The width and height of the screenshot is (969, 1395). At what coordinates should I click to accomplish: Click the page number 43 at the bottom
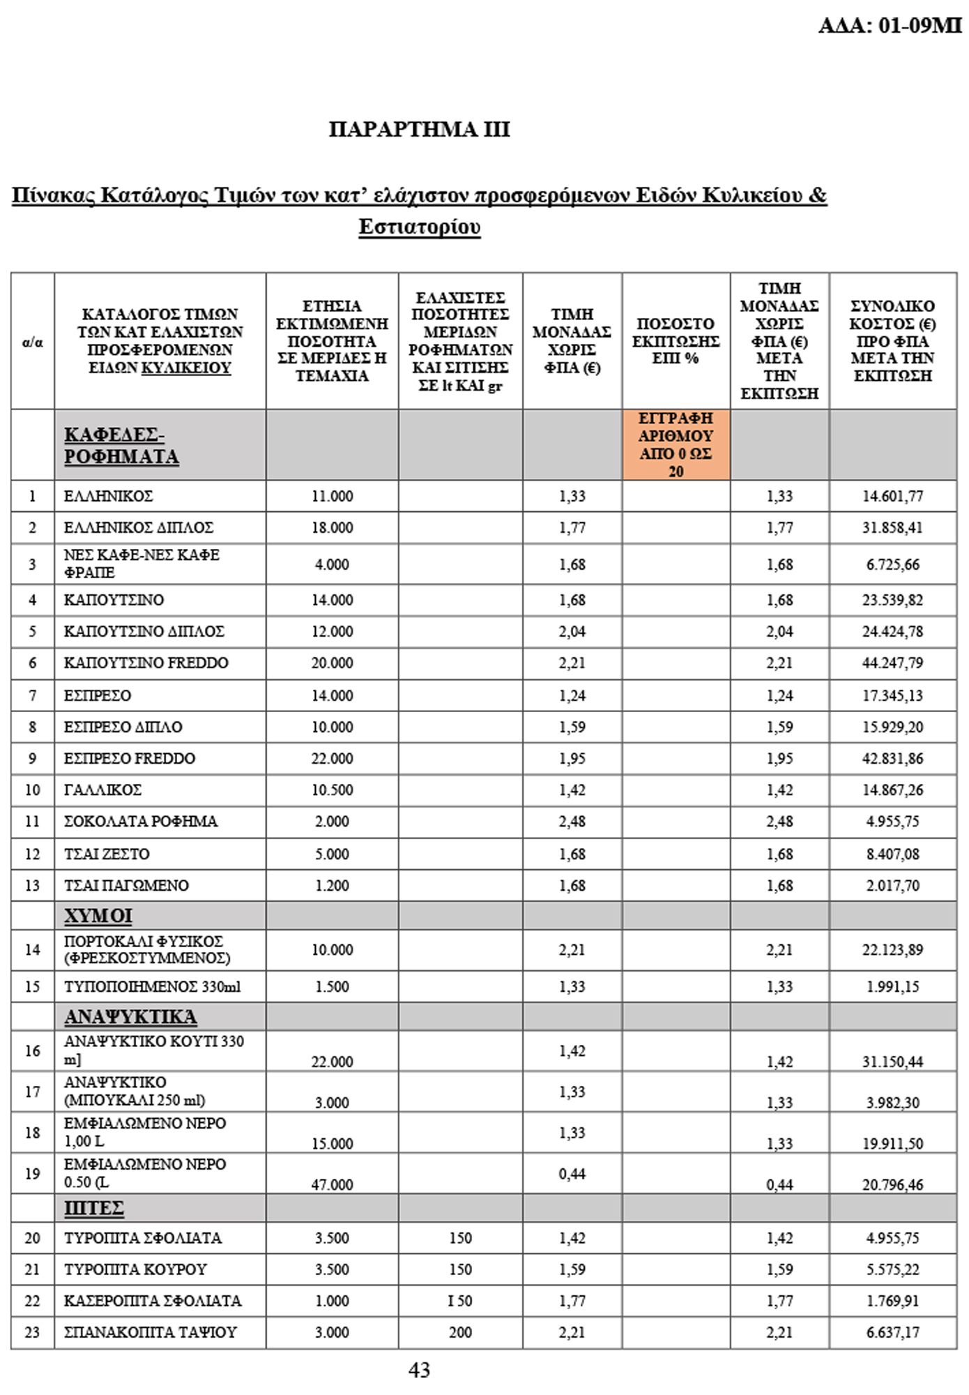(419, 1370)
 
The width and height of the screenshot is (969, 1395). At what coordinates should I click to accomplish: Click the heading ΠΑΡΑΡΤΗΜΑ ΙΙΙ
(419, 129)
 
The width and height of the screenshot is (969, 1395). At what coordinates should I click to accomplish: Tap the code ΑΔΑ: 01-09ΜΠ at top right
(890, 26)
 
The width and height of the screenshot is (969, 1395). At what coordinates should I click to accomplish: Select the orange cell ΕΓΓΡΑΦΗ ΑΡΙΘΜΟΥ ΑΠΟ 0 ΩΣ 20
(676, 444)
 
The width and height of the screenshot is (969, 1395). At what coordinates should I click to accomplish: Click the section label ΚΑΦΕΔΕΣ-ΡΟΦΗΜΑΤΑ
(121, 445)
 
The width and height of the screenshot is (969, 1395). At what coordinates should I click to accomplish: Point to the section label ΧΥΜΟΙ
(98, 915)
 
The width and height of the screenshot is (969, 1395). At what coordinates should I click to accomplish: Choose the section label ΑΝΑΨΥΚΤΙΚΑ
(130, 1016)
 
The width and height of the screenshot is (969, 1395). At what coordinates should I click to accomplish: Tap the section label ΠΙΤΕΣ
(93, 1207)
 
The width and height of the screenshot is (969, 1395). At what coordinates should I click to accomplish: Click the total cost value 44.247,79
(892, 663)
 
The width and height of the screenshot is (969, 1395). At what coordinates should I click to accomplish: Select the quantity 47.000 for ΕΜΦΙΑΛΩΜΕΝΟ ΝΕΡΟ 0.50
(332, 1184)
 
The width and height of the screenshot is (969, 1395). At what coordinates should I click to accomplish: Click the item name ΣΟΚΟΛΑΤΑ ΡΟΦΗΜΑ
(140, 821)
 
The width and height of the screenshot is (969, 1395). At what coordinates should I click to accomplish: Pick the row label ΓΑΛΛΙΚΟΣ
(102, 790)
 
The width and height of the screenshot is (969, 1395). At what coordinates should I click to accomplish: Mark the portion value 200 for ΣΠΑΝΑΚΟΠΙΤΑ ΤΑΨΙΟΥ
(460, 1332)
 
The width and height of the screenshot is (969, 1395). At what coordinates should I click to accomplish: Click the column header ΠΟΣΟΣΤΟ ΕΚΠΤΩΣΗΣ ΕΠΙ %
(676, 341)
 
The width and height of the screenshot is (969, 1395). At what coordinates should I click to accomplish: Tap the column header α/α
(33, 342)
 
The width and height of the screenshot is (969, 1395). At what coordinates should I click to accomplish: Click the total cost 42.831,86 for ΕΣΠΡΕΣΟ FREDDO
(892, 758)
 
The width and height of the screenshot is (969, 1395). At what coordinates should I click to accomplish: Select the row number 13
(33, 885)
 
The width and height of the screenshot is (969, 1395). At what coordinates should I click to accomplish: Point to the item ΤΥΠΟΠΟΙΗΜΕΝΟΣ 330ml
(152, 986)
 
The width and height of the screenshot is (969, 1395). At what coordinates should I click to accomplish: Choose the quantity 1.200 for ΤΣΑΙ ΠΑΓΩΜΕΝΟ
(332, 885)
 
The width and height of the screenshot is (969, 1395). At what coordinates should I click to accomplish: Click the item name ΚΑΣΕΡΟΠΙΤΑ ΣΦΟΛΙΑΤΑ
(153, 1301)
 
